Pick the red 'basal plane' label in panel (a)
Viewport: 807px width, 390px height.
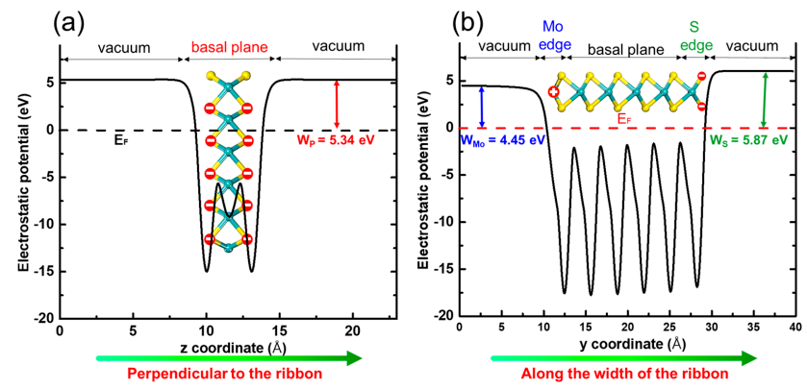228,45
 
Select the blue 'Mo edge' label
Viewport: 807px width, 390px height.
554,36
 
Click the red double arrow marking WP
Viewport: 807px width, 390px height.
337,104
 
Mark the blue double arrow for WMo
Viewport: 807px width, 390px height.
482,106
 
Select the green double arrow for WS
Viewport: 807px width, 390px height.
763,100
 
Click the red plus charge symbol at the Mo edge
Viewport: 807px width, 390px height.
554,92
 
